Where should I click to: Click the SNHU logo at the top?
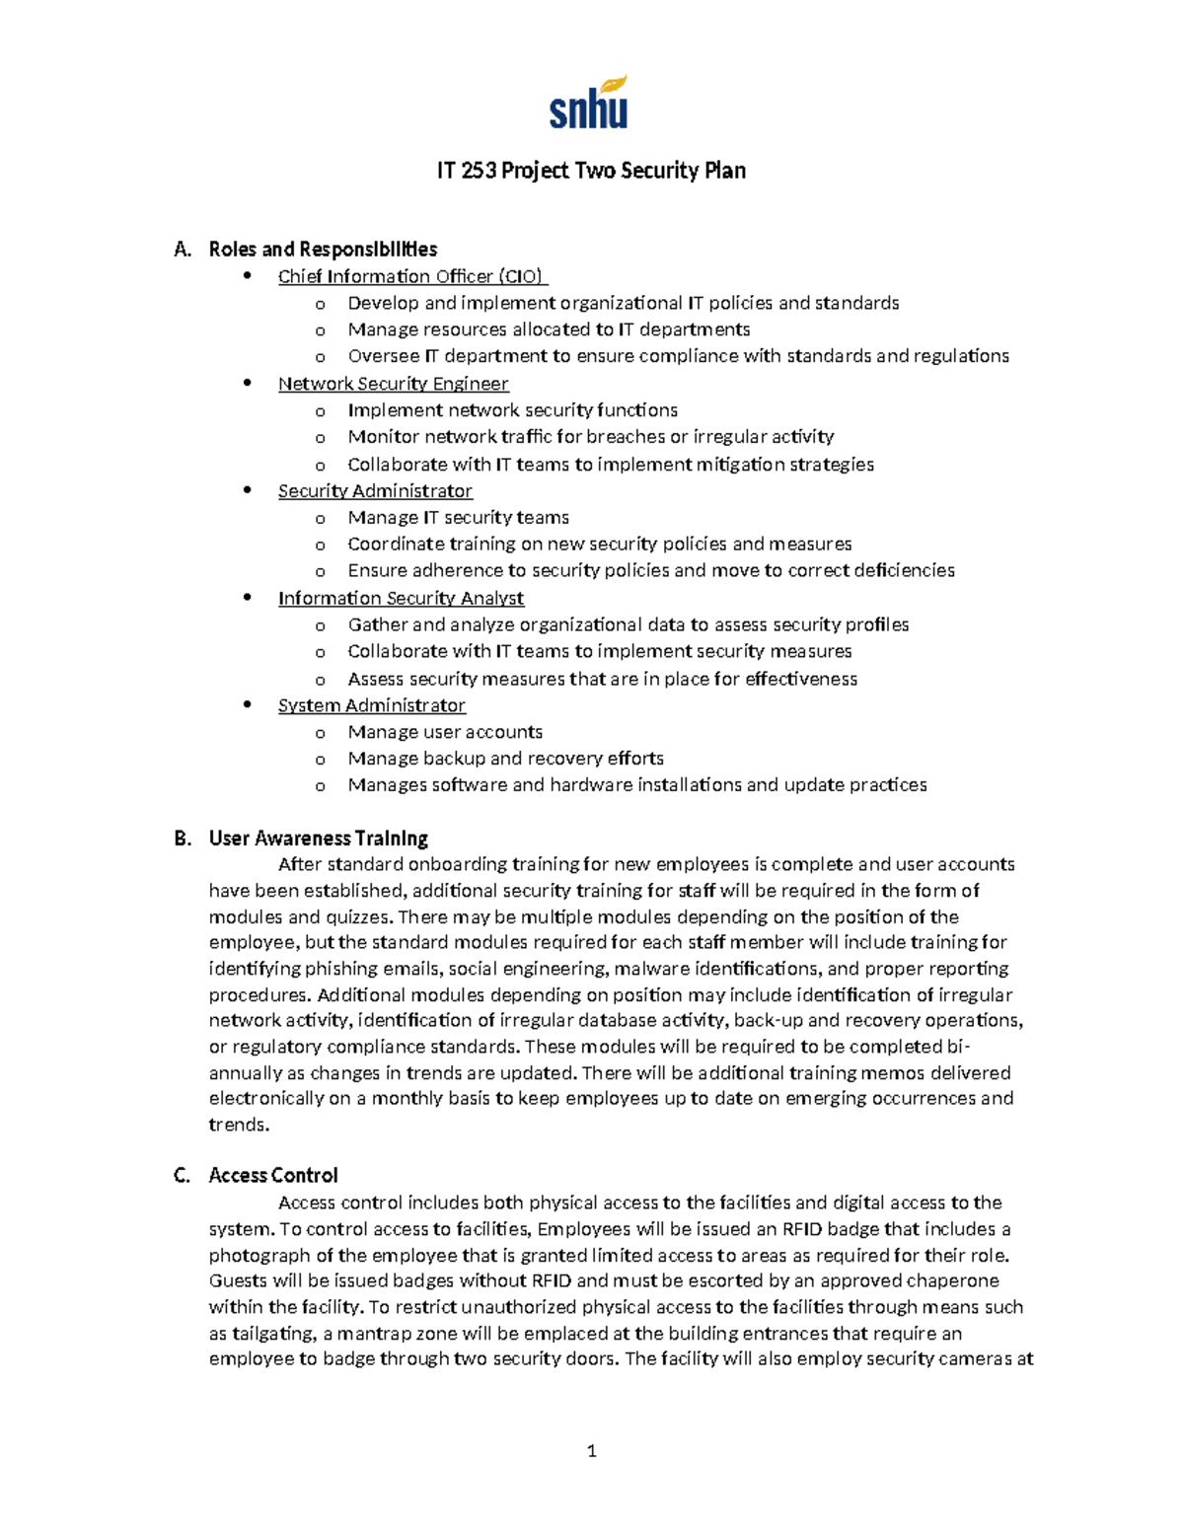pyautogui.click(x=589, y=104)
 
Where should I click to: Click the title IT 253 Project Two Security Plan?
pyautogui.click(x=591, y=171)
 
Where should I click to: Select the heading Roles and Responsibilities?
pyautogui.click(x=323, y=249)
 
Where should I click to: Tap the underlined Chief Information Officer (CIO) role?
pyautogui.click(x=411, y=276)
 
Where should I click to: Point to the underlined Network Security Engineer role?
pyautogui.click(x=393, y=384)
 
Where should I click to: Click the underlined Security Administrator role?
pyautogui.click(x=375, y=491)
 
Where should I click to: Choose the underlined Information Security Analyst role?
pyautogui.click(x=401, y=598)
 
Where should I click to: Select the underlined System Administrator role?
pyautogui.click(x=371, y=705)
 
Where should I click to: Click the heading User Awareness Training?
pyautogui.click(x=318, y=839)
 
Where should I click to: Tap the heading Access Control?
pyautogui.click(x=272, y=1175)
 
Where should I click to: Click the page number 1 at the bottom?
pyautogui.click(x=591, y=1450)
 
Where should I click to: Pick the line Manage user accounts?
pyautogui.click(x=445, y=732)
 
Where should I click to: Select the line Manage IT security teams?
pyautogui.click(x=458, y=517)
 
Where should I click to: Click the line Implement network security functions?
pyautogui.click(x=512, y=410)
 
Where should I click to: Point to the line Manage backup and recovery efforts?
pyautogui.click(x=505, y=759)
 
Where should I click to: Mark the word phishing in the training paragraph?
pyautogui.click(x=340, y=969)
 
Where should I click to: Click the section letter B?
pyautogui.click(x=182, y=839)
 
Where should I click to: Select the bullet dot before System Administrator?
pyautogui.click(x=248, y=704)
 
